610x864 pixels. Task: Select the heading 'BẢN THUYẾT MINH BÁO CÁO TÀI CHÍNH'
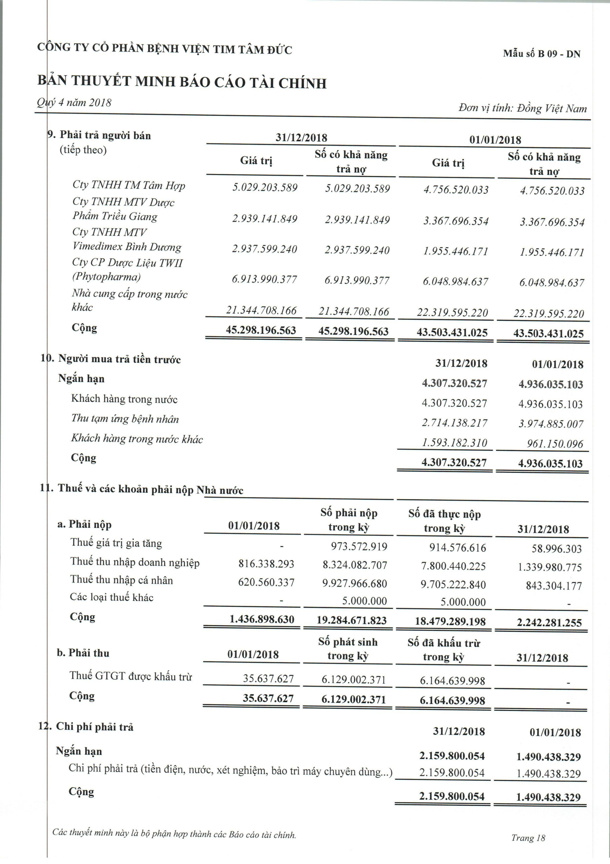[x=182, y=82]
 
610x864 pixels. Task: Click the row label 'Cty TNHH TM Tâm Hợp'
[x=129, y=185]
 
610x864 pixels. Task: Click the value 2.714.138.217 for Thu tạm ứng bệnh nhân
[x=454, y=423]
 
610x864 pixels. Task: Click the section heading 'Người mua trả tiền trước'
[x=119, y=359]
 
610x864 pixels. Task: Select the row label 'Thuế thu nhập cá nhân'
[x=121, y=580]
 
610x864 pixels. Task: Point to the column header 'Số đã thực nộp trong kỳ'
[x=444, y=521]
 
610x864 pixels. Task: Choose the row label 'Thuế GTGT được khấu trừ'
[x=131, y=676]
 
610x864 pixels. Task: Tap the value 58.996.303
[x=557, y=549]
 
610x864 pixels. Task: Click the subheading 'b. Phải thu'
[x=83, y=653]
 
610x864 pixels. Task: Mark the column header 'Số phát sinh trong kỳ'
[x=348, y=649]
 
